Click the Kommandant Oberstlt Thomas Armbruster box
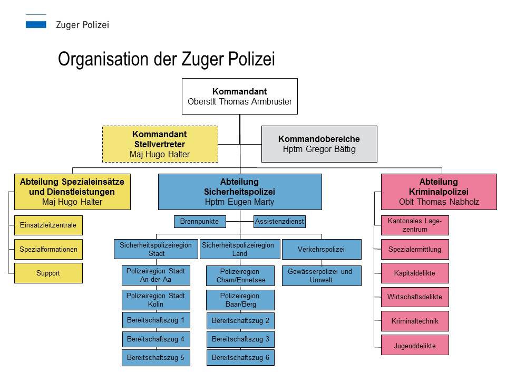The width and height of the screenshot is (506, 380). coord(240,96)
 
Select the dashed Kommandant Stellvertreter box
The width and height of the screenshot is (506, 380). coord(159,144)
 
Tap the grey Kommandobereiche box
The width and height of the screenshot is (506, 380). coord(319,144)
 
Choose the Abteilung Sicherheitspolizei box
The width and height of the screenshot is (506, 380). coord(240,192)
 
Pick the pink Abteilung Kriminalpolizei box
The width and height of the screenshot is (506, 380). coord(439,192)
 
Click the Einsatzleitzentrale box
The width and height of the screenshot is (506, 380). coord(48,225)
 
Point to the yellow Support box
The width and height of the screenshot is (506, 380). coord(48,273)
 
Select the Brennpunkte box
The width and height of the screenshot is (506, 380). coord(200,222)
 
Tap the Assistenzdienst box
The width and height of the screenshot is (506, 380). coord(279,222)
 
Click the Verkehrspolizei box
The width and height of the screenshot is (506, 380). coord(322,249)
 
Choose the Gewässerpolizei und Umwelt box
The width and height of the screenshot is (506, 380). coord(322,275)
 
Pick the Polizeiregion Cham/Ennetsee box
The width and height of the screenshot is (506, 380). coord(240,275)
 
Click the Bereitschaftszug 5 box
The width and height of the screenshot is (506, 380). coord(155,357)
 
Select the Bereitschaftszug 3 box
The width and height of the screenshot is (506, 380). coord(240,339)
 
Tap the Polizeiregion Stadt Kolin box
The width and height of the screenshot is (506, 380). coord(155,300)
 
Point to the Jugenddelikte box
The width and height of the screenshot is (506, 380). coord(415,345)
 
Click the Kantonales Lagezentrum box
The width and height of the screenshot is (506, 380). coord(415,225)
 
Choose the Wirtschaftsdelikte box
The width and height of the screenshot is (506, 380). coord(415,297)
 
